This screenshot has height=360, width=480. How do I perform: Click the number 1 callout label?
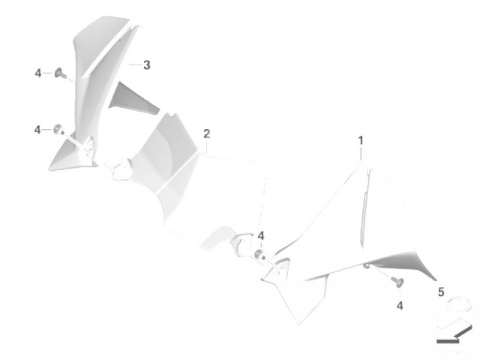[x=361, y=141]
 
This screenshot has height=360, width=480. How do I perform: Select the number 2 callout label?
[x=207, y=133]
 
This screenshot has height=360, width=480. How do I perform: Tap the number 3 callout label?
[x=147, y=65]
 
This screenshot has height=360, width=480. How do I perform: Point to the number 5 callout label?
[x=441, y=292]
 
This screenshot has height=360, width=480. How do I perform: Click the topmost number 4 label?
[x=38, y=73]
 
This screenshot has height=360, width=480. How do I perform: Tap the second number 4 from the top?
[x=37, y=130]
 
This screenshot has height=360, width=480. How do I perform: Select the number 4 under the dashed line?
[x=261, y=236]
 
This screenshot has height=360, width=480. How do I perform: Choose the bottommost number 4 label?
[x=400, y=305]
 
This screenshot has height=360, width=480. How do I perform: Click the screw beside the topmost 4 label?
[x=60, y=73]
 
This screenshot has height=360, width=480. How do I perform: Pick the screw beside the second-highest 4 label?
[x=58, y=130]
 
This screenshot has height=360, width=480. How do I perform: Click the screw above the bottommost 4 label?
[x=397, y=282]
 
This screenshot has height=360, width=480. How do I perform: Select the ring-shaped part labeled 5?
[x=456, y=303]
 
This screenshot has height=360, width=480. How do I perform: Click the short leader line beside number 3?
[x=135, y=65]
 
